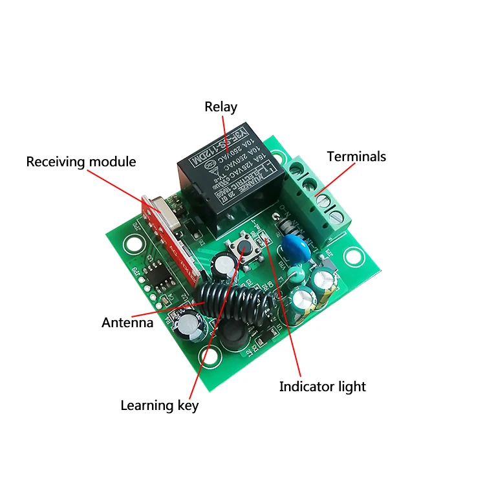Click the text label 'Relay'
coord(221,107)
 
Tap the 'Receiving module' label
coord(81,161)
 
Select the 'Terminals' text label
coord(356,156)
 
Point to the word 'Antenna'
coord(127,322)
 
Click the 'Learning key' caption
coord(159,405)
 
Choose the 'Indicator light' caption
coord(322,387)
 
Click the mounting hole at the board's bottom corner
coord(210,355)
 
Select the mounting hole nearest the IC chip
coord(135,245)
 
